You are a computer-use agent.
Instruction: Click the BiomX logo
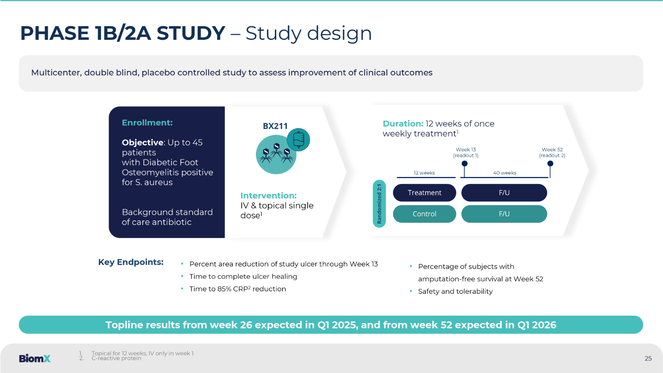coord(34,358)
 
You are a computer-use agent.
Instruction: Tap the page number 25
coord(648,358)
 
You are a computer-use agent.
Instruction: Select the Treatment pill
coord(424,192)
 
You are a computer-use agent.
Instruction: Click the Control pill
coord(424,214)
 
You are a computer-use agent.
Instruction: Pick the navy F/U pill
coord(504,192)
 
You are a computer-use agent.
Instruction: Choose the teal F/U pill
coord(504,214)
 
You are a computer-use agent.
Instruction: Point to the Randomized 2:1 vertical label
coord(379,204)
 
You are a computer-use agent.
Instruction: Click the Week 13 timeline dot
coord(465,164)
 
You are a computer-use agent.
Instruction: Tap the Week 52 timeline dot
coord(550,164)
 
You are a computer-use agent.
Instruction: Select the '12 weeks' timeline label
coord(424,173)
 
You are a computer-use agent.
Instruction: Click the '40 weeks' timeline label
coord(505,173)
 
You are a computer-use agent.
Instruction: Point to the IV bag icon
coord(298,140)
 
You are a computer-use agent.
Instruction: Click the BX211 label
coord(275,126)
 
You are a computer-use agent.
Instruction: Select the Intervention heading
coord(268,196)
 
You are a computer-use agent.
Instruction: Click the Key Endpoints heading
coord(131,262)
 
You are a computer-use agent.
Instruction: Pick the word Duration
coord(403,123)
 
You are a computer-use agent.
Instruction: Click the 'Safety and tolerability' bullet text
coord(455,292)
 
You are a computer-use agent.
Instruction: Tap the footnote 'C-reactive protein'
coord(116,358)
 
